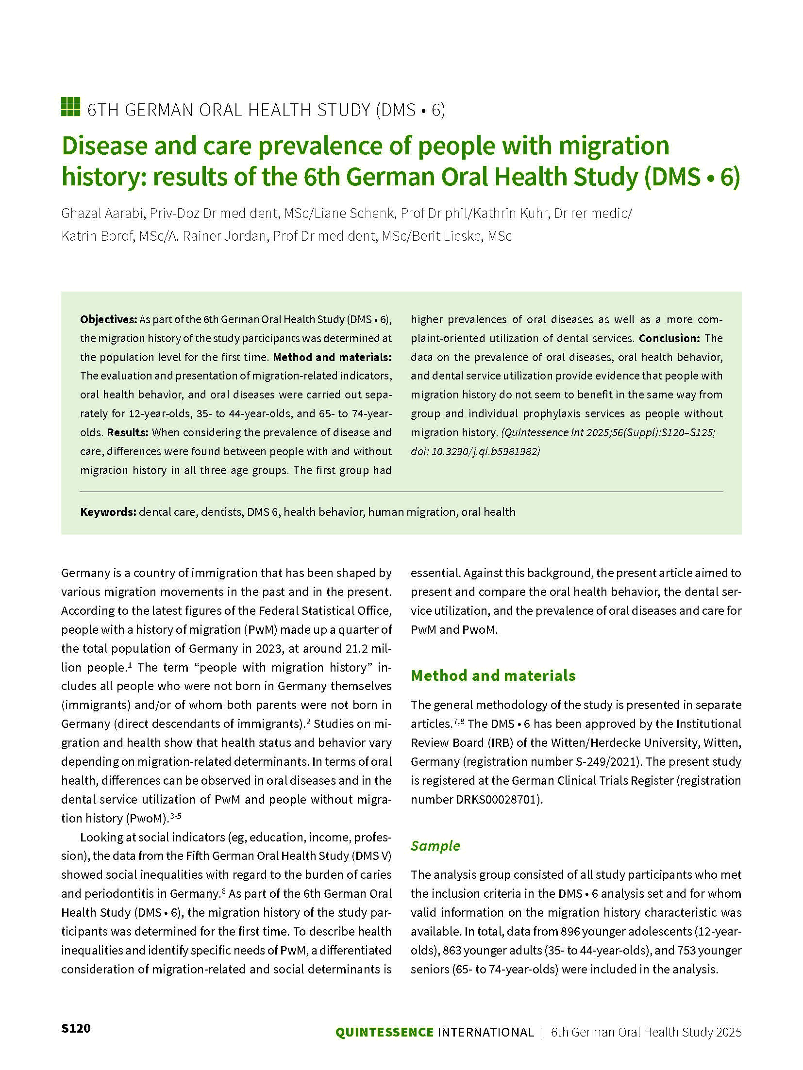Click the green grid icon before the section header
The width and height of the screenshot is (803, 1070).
pyautogui.click(x=70, y=107)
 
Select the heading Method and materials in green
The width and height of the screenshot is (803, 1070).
pyautogui.click(x=493, y=675)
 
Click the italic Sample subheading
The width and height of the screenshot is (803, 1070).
pyautogui.click(x=435, y=846)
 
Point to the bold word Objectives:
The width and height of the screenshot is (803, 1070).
pyautogui.click(x=109, y=319)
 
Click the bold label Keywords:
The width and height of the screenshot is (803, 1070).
pyautogui.click(x=108, y=512)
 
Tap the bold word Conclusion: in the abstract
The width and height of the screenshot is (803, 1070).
pyautogui.click(x=669, y=338)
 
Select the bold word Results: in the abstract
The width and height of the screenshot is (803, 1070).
pyautogui.click(x=128, y=432)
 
